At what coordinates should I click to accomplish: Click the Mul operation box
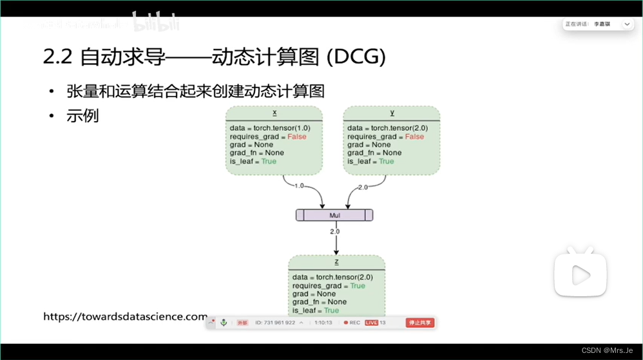(x=334, y=215)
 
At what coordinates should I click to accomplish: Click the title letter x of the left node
(x=274, y=113)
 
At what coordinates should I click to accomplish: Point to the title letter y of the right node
(x=392, y=113)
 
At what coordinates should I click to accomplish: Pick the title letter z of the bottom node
(x=336, y=262)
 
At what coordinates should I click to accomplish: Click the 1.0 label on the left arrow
(x=299, y=185)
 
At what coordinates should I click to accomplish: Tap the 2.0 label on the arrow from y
(x=362, y=187)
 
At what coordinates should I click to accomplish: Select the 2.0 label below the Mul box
(x=335, y=231)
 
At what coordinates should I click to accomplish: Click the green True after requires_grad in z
(x=358, y=285)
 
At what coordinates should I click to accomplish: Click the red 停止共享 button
(x=419, y=322)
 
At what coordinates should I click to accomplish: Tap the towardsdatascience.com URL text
(x=125, y=316)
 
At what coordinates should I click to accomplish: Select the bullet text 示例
(x=82, y=117)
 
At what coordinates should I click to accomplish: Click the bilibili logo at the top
(x=156, y=23)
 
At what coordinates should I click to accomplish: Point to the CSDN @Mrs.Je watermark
(x=607, y=350)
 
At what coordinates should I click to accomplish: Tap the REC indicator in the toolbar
(x=352, y=322)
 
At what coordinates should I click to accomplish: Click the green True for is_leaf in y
(x=386, y=161)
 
